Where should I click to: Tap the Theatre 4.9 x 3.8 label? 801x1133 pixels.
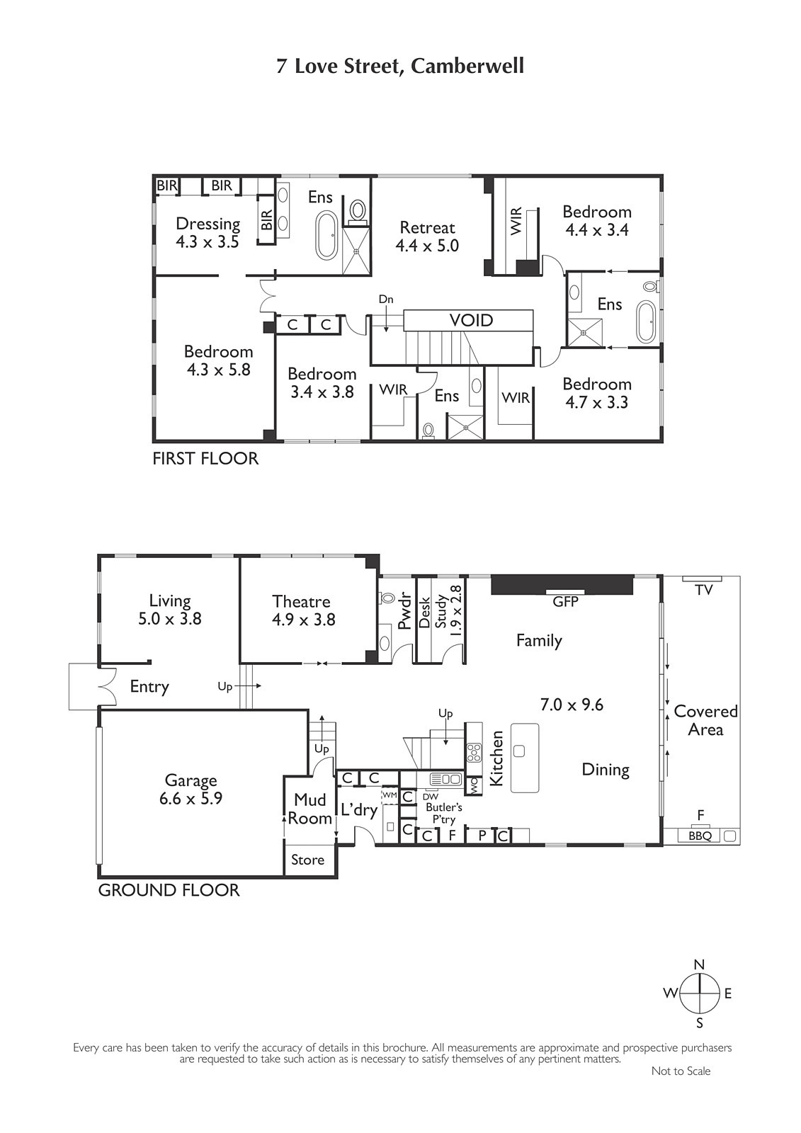point(303,610)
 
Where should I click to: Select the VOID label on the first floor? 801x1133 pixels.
point(471,320)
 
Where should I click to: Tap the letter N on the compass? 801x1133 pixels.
point(699,964)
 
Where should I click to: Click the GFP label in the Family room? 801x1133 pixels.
point(565,601)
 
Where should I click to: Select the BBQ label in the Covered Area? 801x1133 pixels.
point(700,836)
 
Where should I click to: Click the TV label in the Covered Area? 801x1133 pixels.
point(704,590)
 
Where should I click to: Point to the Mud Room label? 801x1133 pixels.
point(309,809)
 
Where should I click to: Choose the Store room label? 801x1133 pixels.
point(307,860)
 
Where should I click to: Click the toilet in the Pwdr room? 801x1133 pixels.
point(387,598)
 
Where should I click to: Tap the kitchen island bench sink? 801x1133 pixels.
point(518,751)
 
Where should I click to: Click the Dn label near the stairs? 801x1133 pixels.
point(386,299)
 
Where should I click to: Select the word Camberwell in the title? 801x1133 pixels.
point(467,67)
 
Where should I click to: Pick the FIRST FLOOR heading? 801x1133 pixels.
point(205,458)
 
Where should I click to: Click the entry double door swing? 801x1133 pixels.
point(108,686)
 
